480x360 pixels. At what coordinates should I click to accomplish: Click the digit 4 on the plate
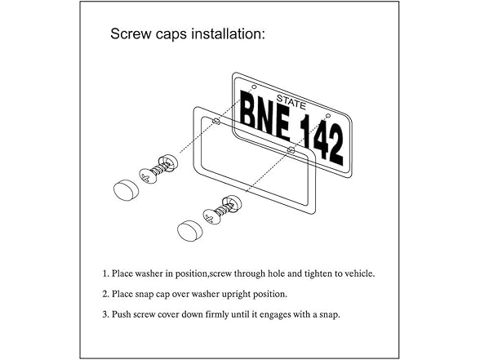click(317, 140)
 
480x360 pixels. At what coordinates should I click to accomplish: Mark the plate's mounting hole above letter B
click(254, 87)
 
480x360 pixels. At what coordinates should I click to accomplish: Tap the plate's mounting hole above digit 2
click(326, 115)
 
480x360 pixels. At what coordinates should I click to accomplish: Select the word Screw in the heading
click(131, 35)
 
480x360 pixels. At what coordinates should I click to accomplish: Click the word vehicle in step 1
click(356, 273)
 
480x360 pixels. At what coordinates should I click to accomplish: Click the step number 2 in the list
click(105, 293)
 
